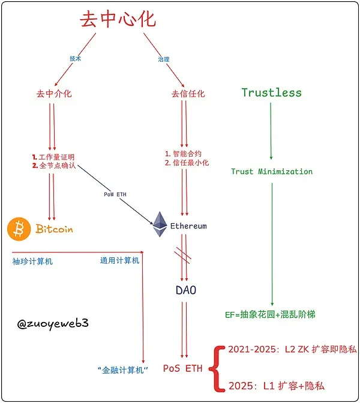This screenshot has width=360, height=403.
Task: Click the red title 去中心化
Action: coord(118,19)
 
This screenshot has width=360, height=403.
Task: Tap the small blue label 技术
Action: coord(76,59)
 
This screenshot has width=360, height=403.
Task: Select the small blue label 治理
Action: coord(164,59)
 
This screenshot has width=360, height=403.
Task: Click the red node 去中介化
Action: coord(54,94)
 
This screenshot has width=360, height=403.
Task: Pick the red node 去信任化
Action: coord(188,94)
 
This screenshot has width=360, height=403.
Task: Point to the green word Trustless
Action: coord(271,92)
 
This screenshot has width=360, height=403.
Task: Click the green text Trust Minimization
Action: coord(272,172)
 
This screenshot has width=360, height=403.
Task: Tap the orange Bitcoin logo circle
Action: coord(19,229)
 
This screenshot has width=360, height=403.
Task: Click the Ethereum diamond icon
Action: coord(159,224)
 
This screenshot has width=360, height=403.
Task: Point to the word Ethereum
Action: coord(188,226)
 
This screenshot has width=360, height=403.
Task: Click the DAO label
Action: coord(186,291)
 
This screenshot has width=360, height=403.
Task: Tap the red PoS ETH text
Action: coord(182,368)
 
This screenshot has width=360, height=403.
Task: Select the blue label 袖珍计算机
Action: coord(32,261)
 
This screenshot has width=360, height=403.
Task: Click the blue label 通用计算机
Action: coord(119,260)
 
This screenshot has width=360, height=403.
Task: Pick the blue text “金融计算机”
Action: coord(122,368)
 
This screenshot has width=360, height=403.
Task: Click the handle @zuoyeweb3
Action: coord(53,323)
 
